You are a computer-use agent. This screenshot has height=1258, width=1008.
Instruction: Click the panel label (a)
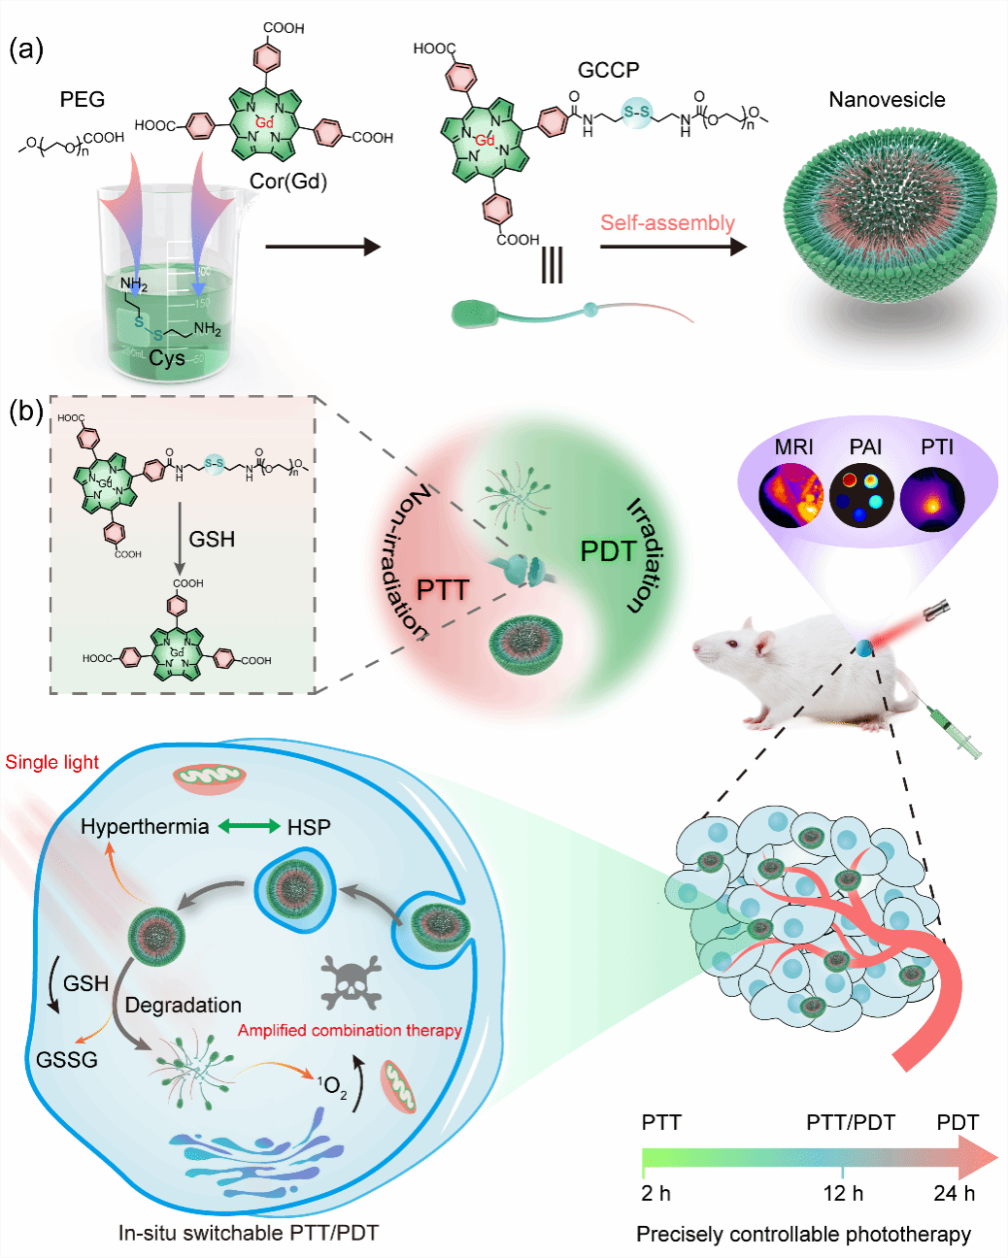point(26,50)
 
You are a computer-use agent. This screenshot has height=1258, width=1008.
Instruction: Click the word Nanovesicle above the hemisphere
point(887,99)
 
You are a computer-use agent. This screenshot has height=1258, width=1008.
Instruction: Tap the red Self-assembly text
point(667,222)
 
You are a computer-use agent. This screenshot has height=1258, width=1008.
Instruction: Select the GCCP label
point(609,70)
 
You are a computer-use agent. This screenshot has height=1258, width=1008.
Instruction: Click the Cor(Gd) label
point(288,181)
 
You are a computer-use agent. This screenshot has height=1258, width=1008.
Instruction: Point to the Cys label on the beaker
point(167,358)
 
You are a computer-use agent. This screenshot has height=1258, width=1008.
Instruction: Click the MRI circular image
point(792,495)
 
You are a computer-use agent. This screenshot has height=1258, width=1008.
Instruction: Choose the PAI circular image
point(861,495)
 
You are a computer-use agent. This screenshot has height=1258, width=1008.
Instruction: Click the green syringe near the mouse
point(956,733)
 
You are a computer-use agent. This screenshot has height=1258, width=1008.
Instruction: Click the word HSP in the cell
point(309,827)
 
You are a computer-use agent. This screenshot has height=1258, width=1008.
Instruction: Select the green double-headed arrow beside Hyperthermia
point(249,826)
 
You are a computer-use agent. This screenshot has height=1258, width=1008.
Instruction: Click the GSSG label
point(67,1059)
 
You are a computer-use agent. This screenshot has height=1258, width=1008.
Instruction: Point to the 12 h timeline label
point(843,1193)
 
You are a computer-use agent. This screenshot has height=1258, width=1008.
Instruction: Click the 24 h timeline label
point(954,1193)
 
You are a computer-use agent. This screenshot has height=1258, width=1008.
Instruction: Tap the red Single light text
point(52,762)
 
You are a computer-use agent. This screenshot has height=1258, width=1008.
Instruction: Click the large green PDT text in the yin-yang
point(608,551)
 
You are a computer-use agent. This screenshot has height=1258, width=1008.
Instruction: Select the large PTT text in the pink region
point(443,589)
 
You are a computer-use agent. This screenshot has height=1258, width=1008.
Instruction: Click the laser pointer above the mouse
point(934,612)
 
